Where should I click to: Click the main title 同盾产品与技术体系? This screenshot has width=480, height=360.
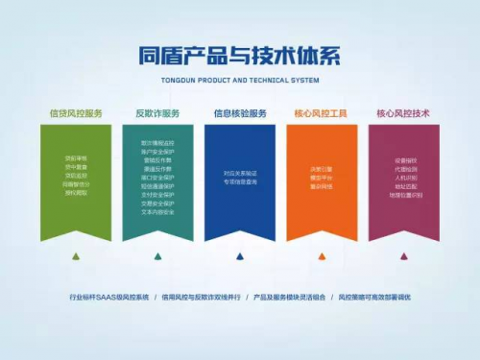click(240, 55)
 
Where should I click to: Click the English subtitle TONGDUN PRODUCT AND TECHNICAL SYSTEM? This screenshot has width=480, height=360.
click(240, 79)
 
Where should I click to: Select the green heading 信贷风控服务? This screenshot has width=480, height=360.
click(75, 112)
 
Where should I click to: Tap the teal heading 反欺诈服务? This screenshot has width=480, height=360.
click(157, 112)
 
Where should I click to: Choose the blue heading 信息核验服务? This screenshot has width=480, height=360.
click(240, 112)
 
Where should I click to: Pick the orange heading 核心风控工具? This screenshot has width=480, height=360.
click(321, 112)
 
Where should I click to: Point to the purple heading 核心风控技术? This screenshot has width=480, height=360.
click(402, 112)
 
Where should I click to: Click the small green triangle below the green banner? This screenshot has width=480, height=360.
click(76, 256)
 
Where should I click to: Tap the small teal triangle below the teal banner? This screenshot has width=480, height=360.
click(157, 256)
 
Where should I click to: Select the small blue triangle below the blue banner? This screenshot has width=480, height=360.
click(240, 256)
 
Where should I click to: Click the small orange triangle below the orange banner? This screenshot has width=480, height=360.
click(322, 256)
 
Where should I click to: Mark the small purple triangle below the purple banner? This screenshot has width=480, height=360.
click(403, 256)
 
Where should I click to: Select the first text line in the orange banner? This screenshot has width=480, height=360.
click(322, 168)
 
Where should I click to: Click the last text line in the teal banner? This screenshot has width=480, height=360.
click(157, 211)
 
